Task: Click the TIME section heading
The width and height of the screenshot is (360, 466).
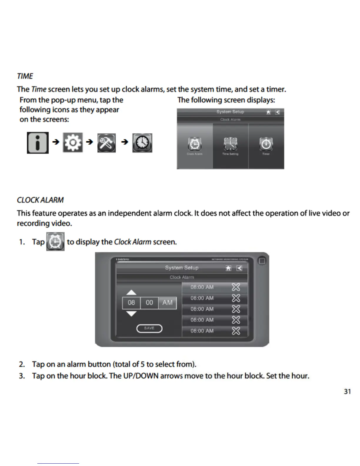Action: [x=25, y=76]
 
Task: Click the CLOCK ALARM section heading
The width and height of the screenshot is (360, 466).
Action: [x=40, y=200]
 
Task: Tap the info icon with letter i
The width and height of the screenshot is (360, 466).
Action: [x=38, y=143]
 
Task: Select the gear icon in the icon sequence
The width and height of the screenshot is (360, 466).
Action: [x=73, y=143]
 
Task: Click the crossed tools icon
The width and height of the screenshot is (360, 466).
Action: [x=106, y=143]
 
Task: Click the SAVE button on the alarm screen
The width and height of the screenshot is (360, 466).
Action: [x=149, y=328]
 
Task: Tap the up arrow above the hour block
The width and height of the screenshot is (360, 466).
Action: [x=131, y=292]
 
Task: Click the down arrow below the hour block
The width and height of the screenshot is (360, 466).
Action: [x=131, y=314]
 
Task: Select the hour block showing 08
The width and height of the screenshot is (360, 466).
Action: [x=131, y=303]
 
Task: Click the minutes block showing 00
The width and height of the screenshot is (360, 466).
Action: [x=149, y=303]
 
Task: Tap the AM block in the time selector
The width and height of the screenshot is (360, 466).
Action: [x=167, y=303]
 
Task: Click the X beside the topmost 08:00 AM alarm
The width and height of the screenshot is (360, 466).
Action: [x=236, y=287]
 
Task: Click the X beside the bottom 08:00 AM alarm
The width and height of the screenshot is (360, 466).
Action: [x=236, y=331]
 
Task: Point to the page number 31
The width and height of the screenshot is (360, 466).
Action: [x=347, y=392]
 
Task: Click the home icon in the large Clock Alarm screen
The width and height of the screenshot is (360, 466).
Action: [x=228, y=268]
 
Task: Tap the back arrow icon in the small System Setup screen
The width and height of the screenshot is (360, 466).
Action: [x=277, y=112]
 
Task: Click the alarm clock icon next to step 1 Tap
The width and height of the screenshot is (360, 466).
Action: [x=55, y=242]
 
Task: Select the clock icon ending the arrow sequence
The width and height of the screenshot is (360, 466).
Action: [x=142, y=143]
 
